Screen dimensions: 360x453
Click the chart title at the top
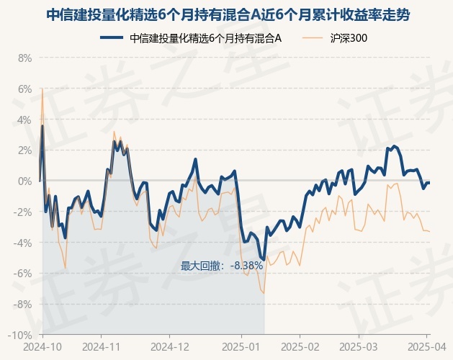tap(227, 14)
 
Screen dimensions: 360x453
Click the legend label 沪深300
tap(349, 38)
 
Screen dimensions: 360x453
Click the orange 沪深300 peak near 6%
tap(42, 89)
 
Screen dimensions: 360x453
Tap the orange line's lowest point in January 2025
tap(264, 293)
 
